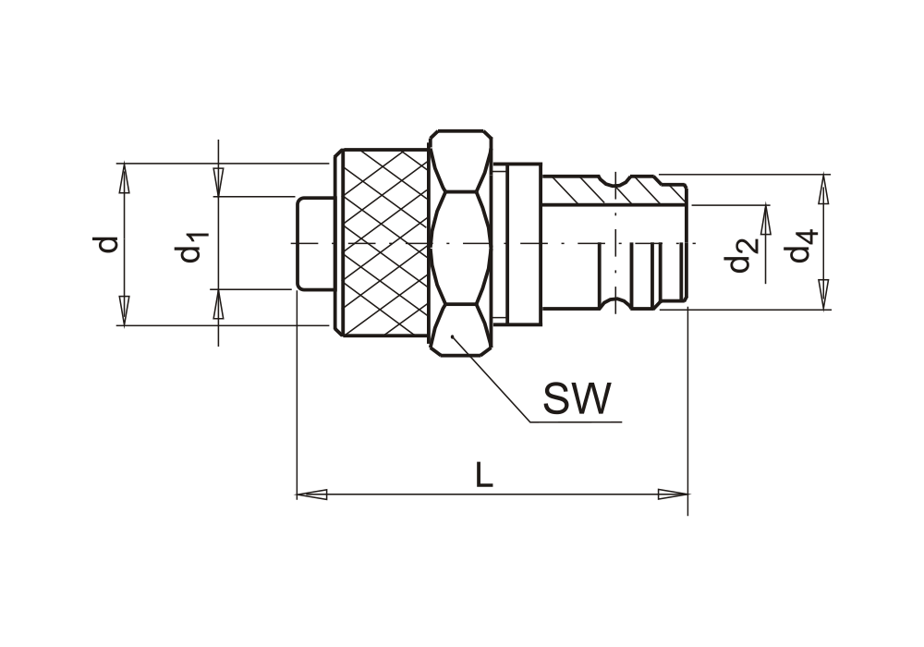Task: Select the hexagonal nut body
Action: pyautogui.click(x=458, y=242)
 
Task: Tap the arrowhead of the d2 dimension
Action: pyautogui.click(x=765, y=220)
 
